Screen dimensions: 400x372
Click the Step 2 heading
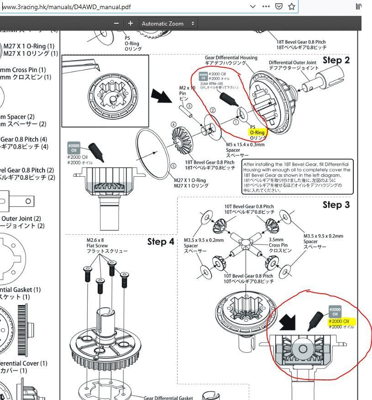pyautogui.click(x=336, y=60)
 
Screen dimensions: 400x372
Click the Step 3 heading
pyautogui.click(x=336, y=205)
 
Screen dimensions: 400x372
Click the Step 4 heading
pyautogui.click(x=160, y=242)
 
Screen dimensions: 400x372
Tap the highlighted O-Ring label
pyautogui.click(x=257, y=133)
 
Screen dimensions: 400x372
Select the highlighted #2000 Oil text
pyautogui.click(x=341, y=321)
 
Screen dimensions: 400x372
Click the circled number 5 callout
pyautogui.click(x=173, y=166)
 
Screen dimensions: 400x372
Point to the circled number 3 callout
pyautogui.click(x=189, y=106)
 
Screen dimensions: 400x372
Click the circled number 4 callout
pyautogui.click(x=173, y=125)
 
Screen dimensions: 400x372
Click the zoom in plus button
pyautogui.click(x=131, y=23)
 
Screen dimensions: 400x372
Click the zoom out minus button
pyautogui.click(x=116, y=23)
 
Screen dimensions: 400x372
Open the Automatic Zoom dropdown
pyautogui.click(x=168, y=23)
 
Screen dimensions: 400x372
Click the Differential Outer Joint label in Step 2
pyautogui.click(x=293, y=65)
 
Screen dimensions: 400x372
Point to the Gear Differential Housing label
pyautogui.click(x=231, y=60)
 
